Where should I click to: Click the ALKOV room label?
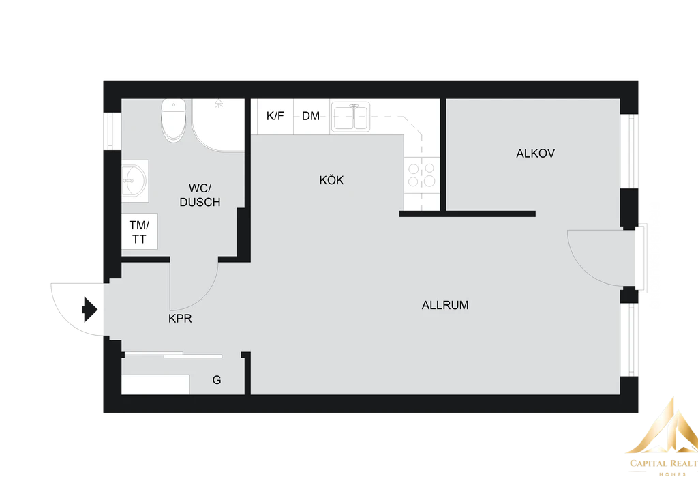point(535,154)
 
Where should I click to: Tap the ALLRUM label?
point(445,306)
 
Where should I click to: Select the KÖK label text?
point(331,180)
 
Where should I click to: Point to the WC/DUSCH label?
point(200,195)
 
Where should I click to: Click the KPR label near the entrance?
point(180,319)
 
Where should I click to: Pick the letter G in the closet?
point(217,380)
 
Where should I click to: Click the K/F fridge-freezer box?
point(275,116)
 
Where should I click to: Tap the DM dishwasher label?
point(311,116)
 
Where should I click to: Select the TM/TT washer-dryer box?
point(139,231)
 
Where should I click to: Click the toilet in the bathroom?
point(174,119)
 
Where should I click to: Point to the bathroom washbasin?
point(134,181)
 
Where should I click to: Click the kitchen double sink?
point(350,117)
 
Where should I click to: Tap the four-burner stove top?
point(421,175)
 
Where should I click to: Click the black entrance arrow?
point(89,308)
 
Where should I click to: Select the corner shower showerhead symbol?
point(219,103)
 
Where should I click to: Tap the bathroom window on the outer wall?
point(110,131)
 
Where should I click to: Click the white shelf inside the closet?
point(155,384)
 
